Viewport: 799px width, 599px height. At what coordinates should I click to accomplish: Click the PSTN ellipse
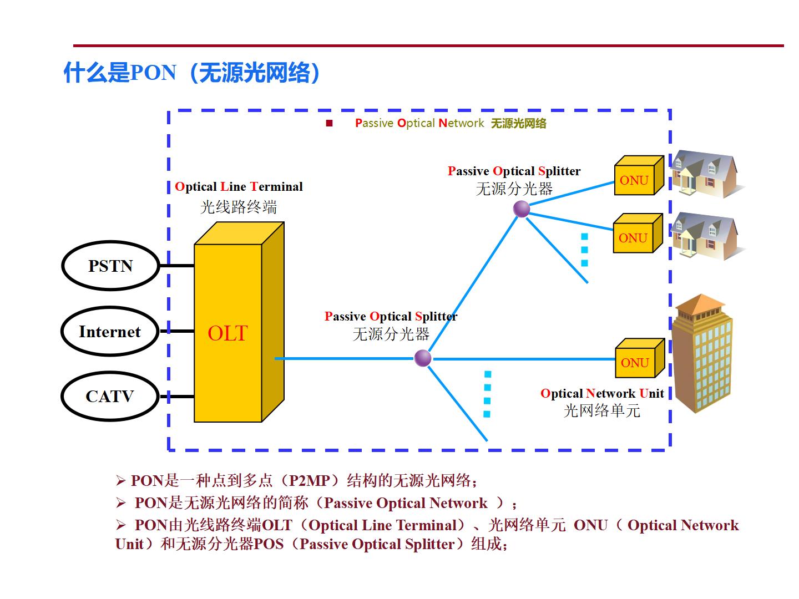[110, 266]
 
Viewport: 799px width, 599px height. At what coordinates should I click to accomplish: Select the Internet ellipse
[110, 332]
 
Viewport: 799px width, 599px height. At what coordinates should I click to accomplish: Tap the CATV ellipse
[110, 397]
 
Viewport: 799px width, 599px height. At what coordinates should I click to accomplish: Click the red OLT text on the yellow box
[227, 333]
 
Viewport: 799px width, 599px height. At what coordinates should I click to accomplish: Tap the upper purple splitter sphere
[521, 209]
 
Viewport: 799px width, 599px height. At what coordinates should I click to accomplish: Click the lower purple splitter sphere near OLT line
[423, 358]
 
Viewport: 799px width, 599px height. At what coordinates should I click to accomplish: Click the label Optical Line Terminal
[239, 186]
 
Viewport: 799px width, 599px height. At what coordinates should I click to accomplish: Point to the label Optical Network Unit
[602, 393]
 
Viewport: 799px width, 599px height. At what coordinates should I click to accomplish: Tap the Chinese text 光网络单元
[602, 411]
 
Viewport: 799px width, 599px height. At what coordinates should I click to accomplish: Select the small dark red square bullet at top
[329, 123]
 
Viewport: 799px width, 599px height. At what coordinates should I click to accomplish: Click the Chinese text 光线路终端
[239, 207]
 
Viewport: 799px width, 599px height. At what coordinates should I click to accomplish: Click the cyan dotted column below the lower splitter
[487, 394]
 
